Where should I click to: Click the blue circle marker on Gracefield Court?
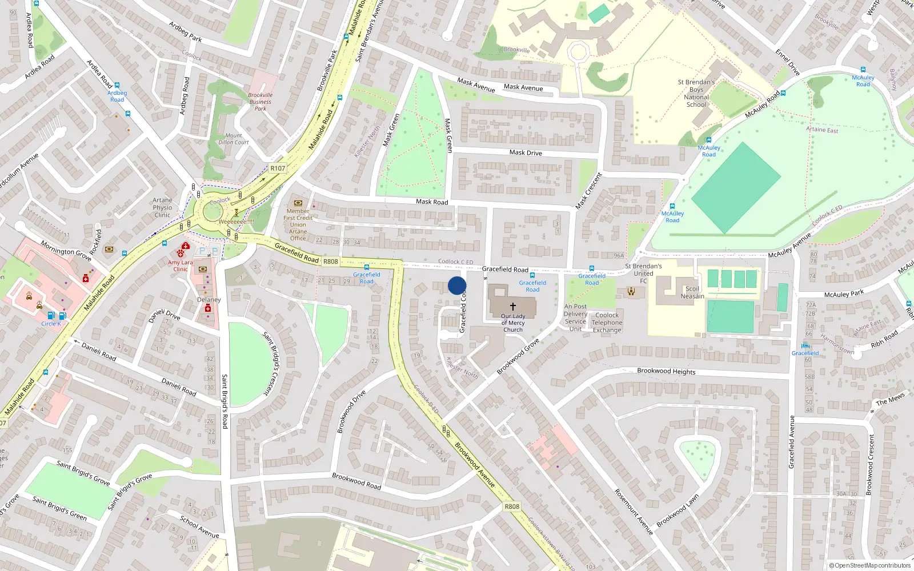click(457, 285)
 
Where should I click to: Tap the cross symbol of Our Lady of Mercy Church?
click(513, 307)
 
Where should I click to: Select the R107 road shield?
click(278, 168)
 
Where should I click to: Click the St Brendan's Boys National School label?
click(696, 93)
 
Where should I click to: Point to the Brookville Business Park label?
click(260, 102)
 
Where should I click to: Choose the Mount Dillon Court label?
click(234, 139)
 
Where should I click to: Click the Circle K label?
click(51, 324)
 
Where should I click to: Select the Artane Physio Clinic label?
click(162, 207)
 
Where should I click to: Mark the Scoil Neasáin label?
click(692, 292)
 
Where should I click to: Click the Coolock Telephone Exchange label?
click(607, 323)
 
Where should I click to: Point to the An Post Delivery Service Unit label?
click(575, 317)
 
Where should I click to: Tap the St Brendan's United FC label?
click(643, 273)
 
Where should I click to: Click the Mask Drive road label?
click(526, 152)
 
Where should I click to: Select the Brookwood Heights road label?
click(666, 371)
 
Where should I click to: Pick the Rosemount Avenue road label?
click(634, 512)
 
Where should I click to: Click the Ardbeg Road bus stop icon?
click(117, 85)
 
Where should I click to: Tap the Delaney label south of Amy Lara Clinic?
click(209, 300)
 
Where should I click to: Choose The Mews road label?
click(890, 399)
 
